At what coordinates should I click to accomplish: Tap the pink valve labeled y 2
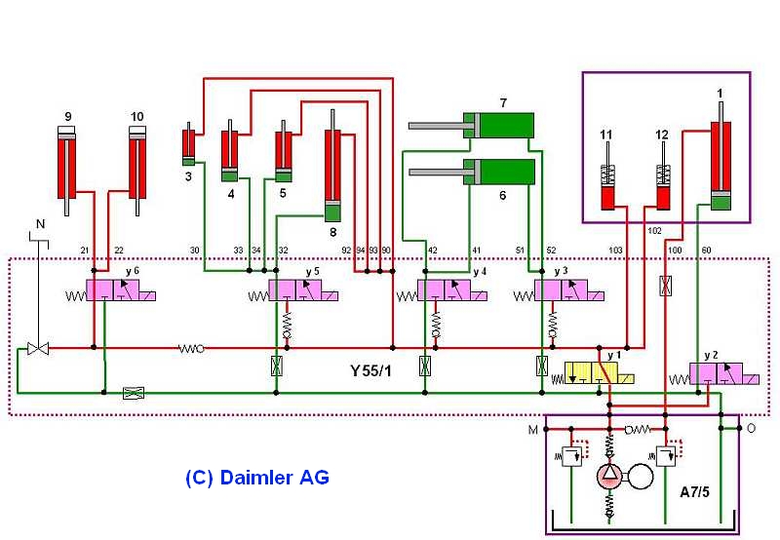pos(717,373)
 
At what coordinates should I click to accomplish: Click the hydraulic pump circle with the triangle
pos(609,477)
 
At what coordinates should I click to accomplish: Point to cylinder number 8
pos(332,166)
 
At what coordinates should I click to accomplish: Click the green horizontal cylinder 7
pos(472,126)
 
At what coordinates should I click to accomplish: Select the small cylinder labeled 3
pos(188,144)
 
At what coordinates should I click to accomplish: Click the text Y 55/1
pos(371,371)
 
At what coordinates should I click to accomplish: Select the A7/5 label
pos(694,492)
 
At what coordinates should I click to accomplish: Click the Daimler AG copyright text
pos(257,478)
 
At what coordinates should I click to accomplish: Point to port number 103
pos(615,251)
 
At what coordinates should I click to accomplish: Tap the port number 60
pos(706,251)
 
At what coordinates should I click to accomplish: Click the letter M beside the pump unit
pos(532,430)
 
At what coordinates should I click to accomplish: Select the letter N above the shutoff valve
pos(40,224)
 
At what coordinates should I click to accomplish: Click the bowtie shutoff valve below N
pos(38,348)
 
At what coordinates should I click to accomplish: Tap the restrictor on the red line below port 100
pos(666,286)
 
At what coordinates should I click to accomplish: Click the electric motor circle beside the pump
pos(641,477)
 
